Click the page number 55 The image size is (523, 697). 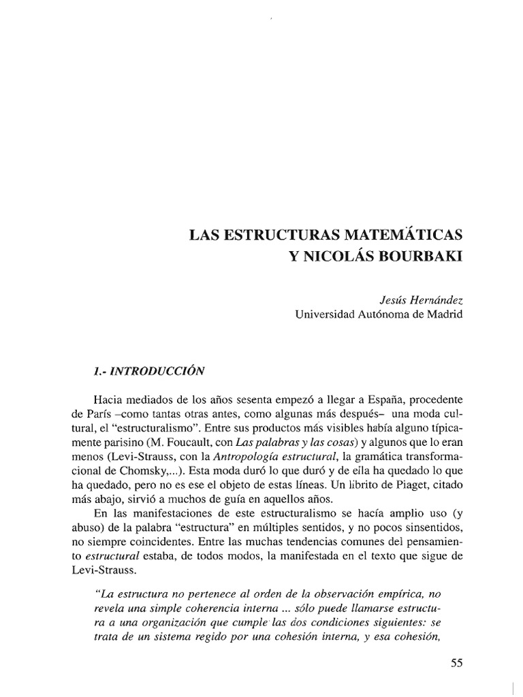pyautogui.click(x=456, y=664)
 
